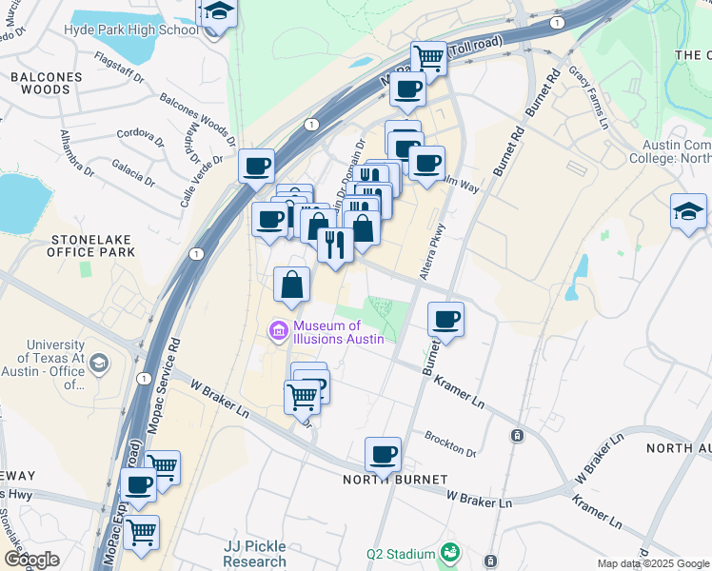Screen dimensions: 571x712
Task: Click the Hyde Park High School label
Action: (x=131, y=29)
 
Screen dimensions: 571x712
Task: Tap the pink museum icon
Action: (x=278, y=331)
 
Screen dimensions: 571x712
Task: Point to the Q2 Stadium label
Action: (x=400, y=553)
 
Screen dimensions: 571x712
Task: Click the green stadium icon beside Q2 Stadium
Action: (x=449, y=552)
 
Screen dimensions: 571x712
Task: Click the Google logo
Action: (x=31, y=560)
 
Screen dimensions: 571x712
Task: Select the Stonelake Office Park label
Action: (x=91, y=245)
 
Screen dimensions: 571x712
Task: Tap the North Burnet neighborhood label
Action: (x=383, y=479)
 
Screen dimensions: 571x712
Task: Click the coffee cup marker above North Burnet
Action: (x=383, y=454)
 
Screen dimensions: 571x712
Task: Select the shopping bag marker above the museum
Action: (x=292, y=283)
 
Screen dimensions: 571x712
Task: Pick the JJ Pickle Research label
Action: (x=255, y=554)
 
